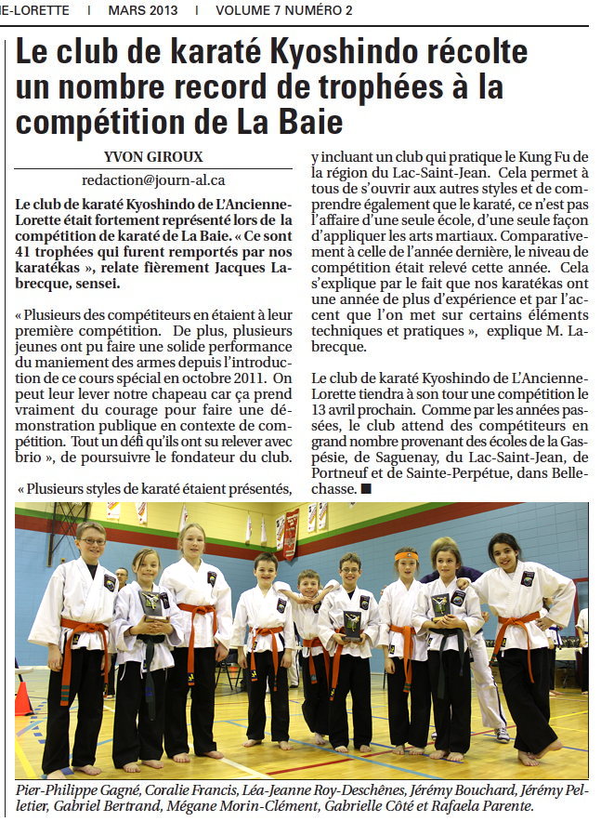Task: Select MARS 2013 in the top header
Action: [143, 11]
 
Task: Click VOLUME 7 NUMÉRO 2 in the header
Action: [283, 11]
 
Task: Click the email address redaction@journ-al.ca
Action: [154, 179]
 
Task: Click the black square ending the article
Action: [367, 488]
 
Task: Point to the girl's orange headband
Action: [406, 556]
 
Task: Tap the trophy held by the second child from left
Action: [150, 603]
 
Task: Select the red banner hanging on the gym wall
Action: [291, 534]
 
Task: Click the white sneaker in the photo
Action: [503, 734]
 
